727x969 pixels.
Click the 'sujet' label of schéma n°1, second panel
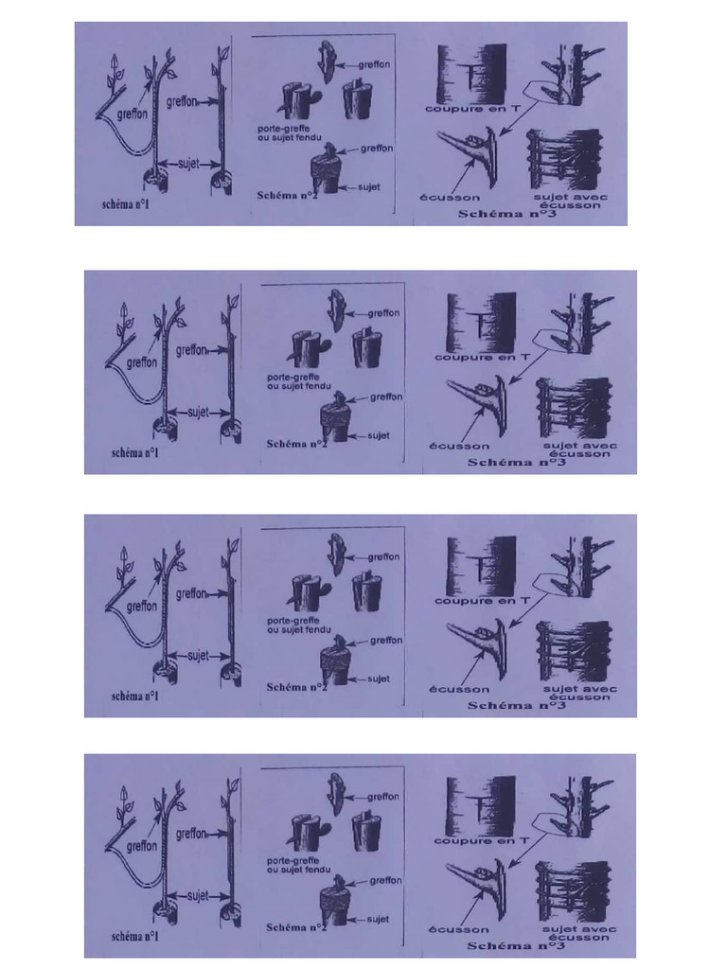click(197, 412)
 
